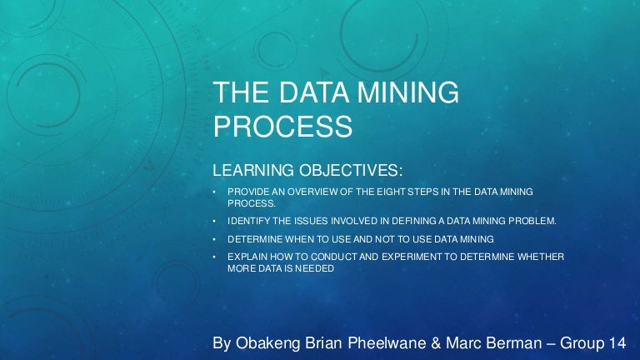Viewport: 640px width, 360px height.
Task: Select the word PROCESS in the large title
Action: click(283, 127)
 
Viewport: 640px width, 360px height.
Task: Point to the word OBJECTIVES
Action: click(350, 171)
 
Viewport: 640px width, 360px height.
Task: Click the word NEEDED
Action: click(315, 269)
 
